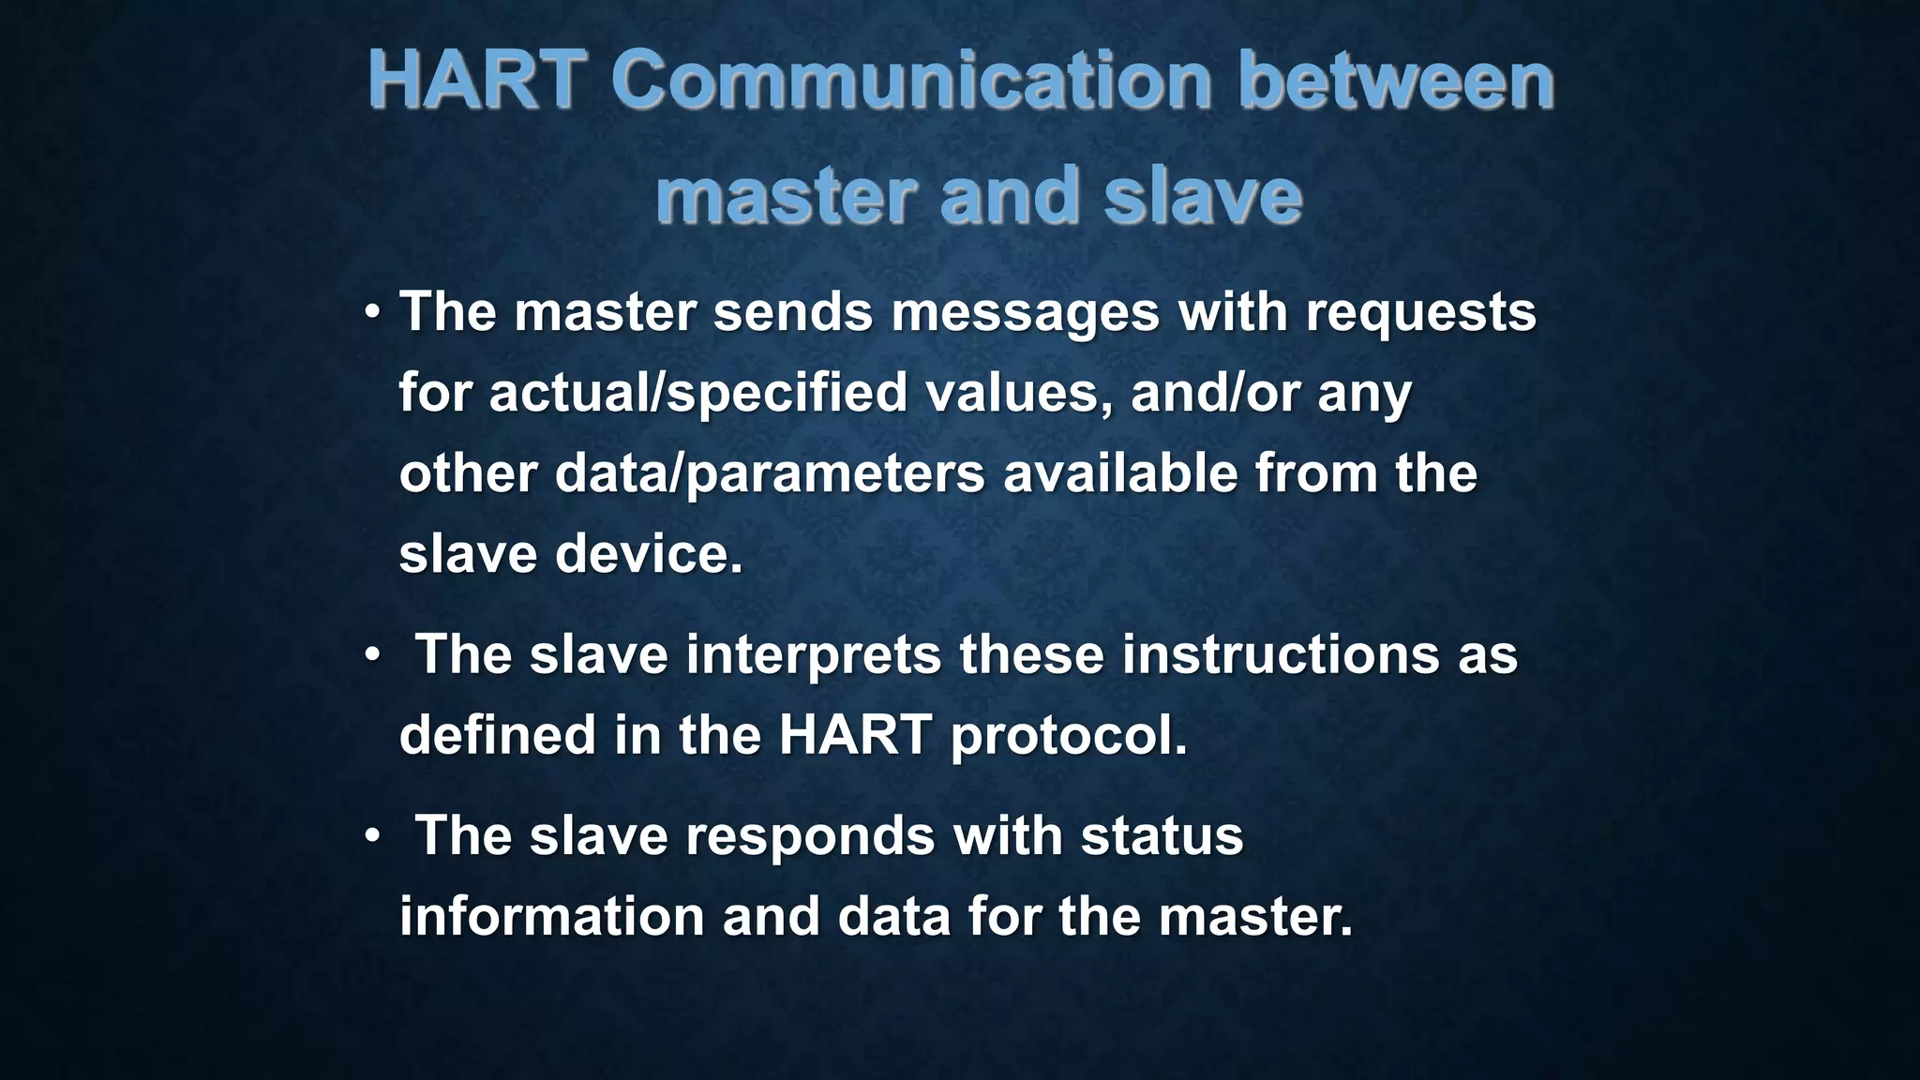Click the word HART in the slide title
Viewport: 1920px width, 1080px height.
tap(477, 81)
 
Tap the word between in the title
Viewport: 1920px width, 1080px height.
tap(1396, 81)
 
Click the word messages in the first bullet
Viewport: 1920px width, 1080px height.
tap(1025, 312)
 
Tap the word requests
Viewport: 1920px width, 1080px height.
tap(1420, 314)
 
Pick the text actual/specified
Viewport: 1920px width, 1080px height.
tap(697, 393)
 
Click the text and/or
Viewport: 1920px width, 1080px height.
tap(1214, 393)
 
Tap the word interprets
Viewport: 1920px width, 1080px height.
tap(813, 655)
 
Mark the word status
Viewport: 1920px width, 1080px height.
tap(1162, 835)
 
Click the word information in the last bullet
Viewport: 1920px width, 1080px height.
tap(551, 916)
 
